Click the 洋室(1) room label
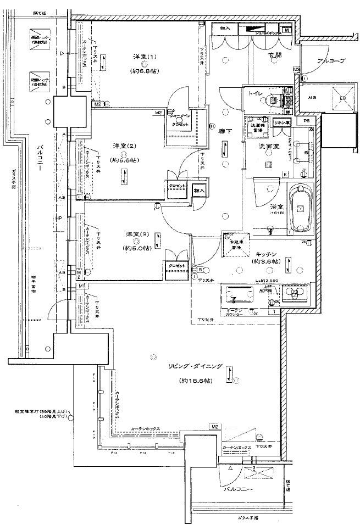click(x=145, y=57)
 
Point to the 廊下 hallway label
click(x=225, y=132)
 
